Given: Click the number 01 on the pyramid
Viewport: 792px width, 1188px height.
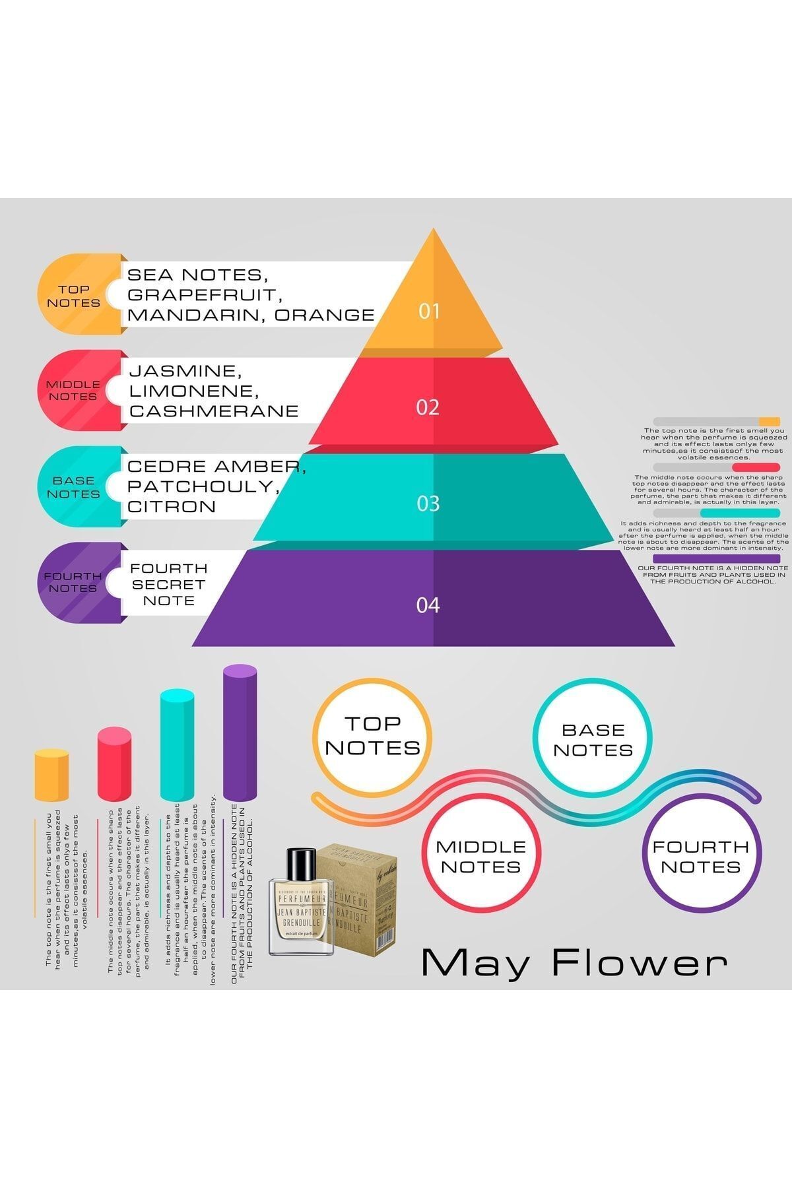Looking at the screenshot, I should coord(429,311).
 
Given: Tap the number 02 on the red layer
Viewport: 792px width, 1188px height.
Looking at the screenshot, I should coord(428,407).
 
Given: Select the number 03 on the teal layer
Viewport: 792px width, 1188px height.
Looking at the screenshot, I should coord(428,504).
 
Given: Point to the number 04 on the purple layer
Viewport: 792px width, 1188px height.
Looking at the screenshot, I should coord(428,605).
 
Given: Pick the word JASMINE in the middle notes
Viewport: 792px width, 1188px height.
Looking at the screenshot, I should coord(182,372).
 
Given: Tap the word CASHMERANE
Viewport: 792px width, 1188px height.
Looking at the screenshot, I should coord(214,411).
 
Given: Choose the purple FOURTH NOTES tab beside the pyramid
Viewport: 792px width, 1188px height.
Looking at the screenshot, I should coord(73,582).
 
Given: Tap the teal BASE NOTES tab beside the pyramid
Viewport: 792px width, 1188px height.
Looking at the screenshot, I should coord(73,487).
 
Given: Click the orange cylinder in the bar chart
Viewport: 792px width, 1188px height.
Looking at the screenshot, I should coord(51,775).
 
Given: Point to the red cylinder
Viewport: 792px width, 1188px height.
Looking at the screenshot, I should coord(114,764).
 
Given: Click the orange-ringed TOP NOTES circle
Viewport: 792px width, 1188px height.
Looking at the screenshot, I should coord(372,735).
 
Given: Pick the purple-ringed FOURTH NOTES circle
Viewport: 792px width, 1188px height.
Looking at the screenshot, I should coord(701,856).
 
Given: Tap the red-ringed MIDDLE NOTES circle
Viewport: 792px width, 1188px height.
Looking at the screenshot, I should coord(480,856).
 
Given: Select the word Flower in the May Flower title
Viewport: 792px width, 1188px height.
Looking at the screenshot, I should coord(639,964).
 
